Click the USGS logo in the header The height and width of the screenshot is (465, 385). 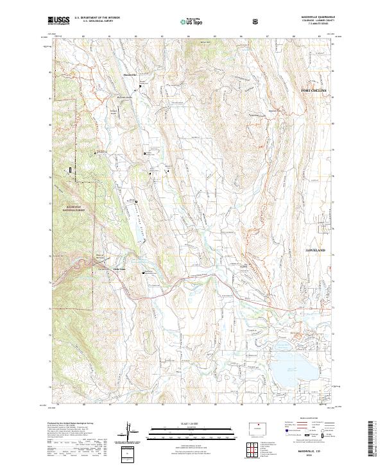(58, 21)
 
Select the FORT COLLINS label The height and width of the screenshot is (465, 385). (314, 90)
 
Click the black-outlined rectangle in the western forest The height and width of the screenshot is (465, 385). (70, 169)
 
